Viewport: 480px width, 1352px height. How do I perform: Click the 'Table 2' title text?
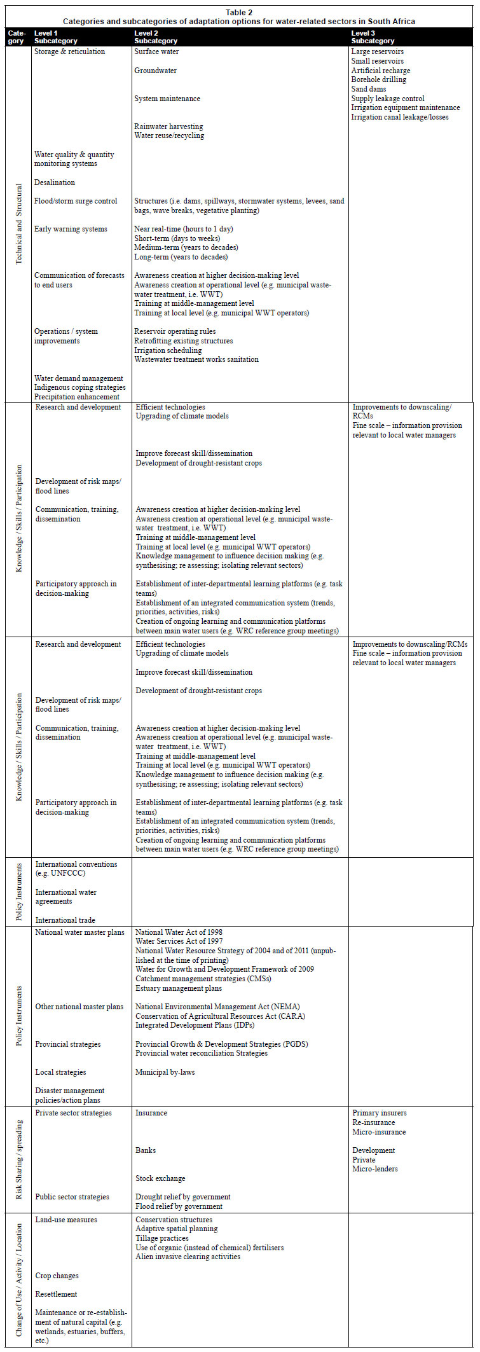click(239, 12)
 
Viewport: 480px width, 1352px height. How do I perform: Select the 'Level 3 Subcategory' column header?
click(373, 37)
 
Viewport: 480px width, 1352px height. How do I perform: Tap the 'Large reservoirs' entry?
click(377, 52)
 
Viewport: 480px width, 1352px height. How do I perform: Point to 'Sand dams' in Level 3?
click(368, 89)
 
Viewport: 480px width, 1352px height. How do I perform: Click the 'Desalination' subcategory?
click(55, 183)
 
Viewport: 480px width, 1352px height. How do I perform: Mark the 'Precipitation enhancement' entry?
click(77, 397)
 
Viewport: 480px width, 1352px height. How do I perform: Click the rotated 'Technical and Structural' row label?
click(18, 224)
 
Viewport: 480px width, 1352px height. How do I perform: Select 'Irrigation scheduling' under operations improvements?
click(168, 350)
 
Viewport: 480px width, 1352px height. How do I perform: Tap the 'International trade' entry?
click(65, 920)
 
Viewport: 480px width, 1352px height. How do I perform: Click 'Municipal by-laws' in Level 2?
click(165, 1072)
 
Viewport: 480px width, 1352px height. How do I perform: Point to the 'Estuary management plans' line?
click(179, 988)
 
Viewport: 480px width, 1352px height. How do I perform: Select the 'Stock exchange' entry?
click(160, 1178)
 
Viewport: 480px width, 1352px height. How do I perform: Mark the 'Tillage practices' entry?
click(162, 1238)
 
